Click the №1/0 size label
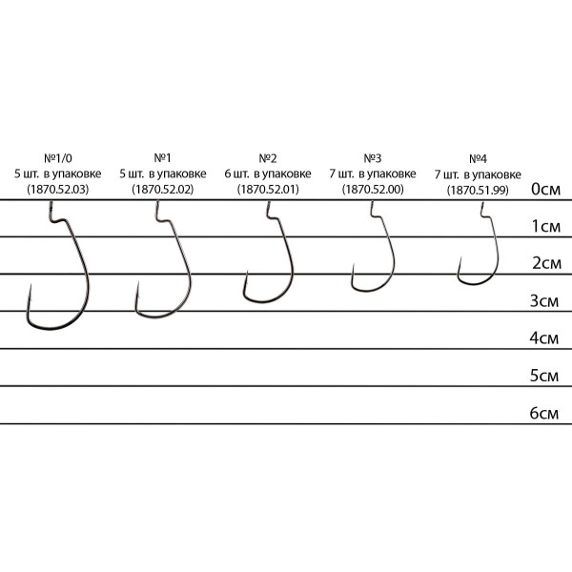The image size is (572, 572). coord(58,158)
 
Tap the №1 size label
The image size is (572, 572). coord(163,158)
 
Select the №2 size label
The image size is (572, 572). coord(268,158)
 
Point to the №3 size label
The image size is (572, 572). coord(373,158)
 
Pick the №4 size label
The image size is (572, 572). coord(478,159)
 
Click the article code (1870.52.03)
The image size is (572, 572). coord(58,190)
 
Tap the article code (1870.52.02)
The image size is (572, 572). coord(163,190)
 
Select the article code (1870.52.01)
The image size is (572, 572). coord(268,190)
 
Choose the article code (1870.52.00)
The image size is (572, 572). coord(373,190)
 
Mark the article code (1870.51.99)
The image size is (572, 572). coord(478,191)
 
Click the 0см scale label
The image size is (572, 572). coord(545,189)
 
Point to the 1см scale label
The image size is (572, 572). coord(546,227)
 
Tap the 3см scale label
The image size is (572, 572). coord(544,301)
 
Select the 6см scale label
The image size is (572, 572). coord(544,414)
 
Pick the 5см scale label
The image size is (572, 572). coord(544,376)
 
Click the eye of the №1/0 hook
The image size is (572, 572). coord(51,204)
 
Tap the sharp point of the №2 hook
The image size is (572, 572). coord(247,272)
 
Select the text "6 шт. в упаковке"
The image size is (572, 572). coord(268,174)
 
